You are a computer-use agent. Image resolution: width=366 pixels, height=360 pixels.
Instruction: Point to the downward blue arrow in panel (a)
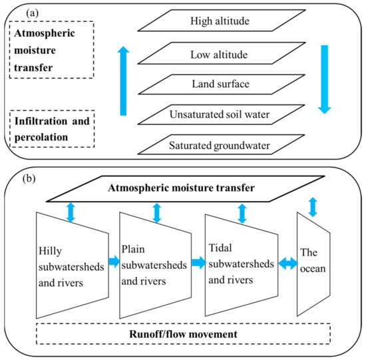coord(324,77)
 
